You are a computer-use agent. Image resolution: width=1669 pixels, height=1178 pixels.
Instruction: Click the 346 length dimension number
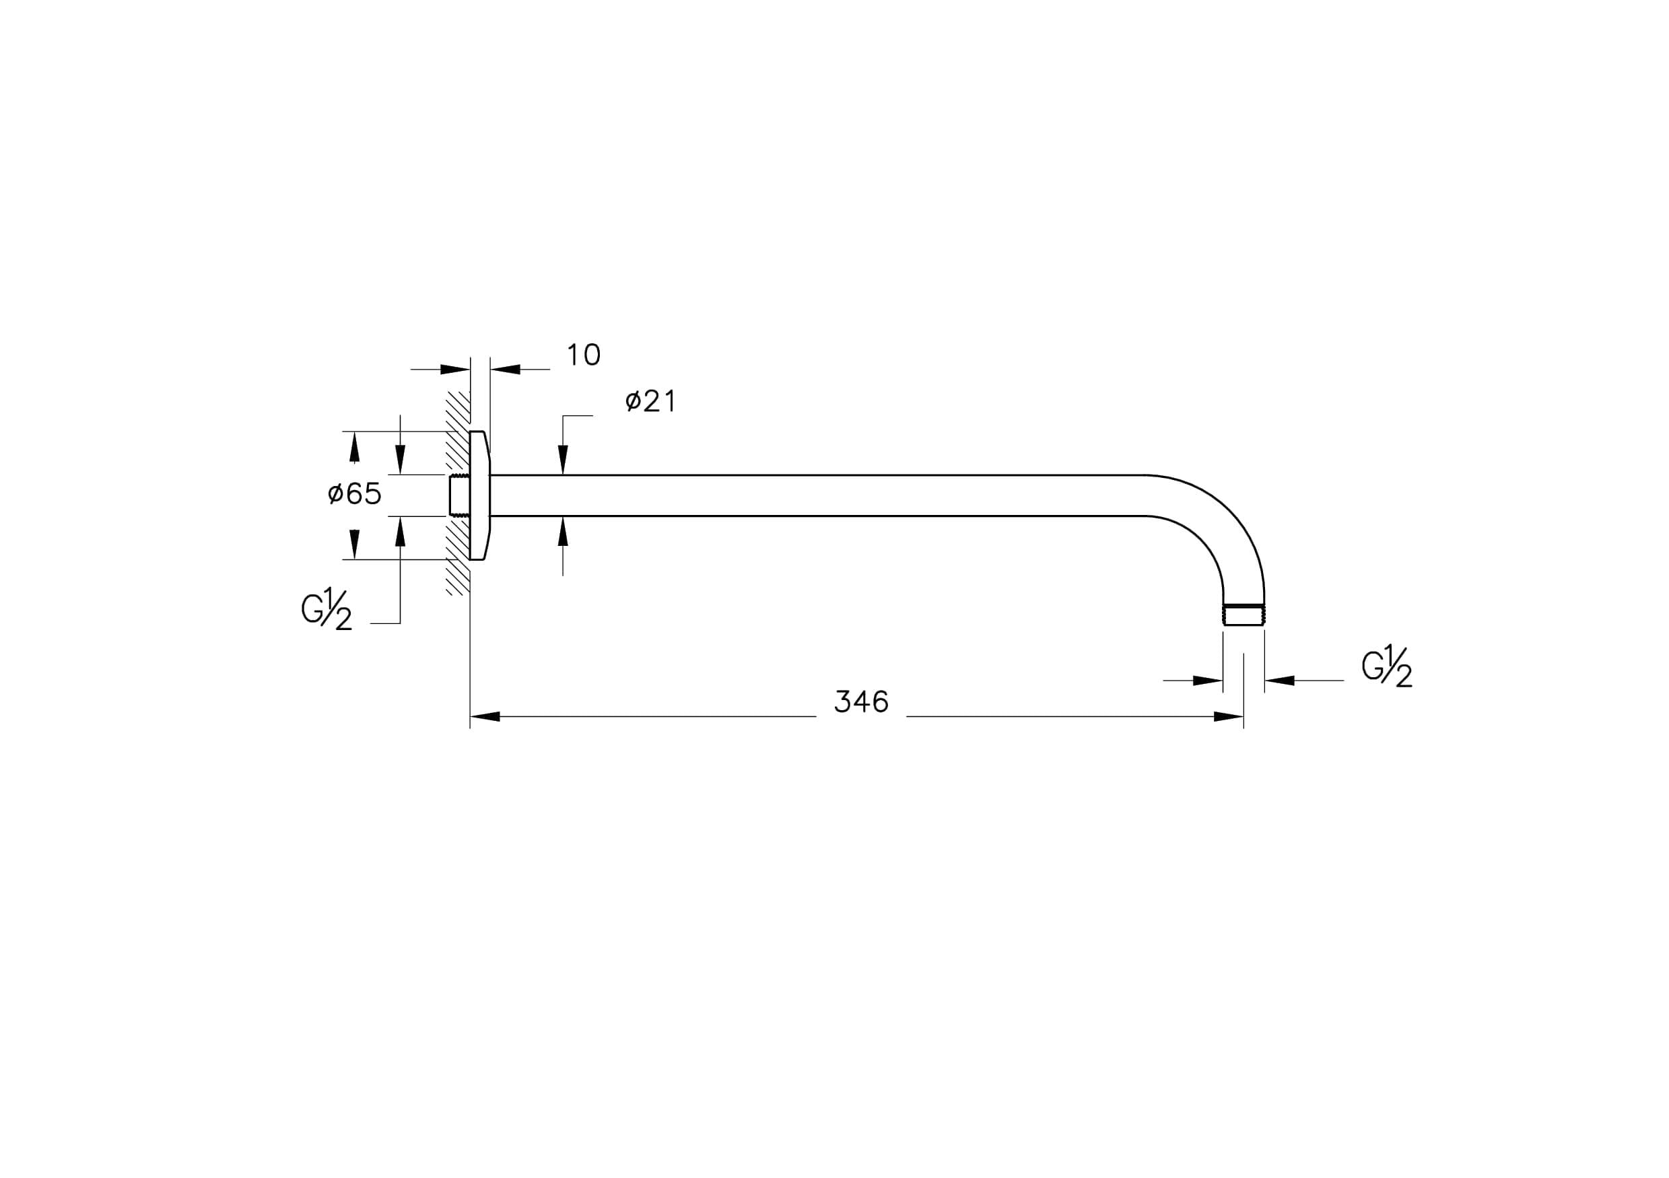[x=861, y=702]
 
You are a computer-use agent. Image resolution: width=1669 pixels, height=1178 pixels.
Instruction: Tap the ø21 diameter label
[x=650, y=401]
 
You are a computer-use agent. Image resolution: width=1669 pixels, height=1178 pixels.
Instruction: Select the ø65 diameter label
[x=355, y=494]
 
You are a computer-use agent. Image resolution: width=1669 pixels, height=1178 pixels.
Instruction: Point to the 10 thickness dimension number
[x=583, y=355]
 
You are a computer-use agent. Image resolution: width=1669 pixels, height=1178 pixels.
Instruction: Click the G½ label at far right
[x=1387, y=666]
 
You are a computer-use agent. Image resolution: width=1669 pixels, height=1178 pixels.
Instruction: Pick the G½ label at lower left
[x=327, y=609]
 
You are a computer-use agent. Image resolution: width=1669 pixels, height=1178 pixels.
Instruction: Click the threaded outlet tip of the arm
[x=1244, y=615]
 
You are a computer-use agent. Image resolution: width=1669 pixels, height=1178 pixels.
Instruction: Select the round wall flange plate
[x=480, y=495]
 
